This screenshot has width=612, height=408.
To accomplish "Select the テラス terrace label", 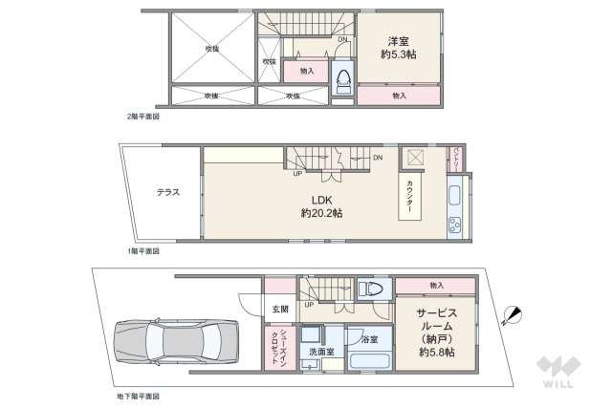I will (x=168, y=192).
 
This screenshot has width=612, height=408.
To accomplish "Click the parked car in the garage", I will (x=173, y=339).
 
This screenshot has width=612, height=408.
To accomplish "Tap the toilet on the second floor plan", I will (x=341, y=80).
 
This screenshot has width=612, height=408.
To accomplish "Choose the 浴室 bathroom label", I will (x=369, y=339).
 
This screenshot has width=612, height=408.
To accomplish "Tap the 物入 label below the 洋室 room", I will (x=399, y=96).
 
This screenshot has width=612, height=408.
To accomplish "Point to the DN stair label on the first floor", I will (x=378, y=158).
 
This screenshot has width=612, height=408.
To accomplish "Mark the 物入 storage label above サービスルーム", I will (x=436, y=285).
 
